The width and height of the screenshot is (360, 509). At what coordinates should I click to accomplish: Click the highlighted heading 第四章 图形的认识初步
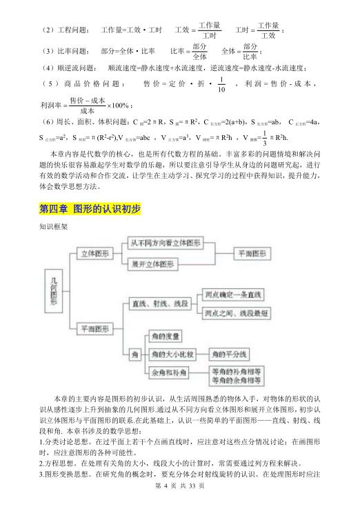pos(90,208)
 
